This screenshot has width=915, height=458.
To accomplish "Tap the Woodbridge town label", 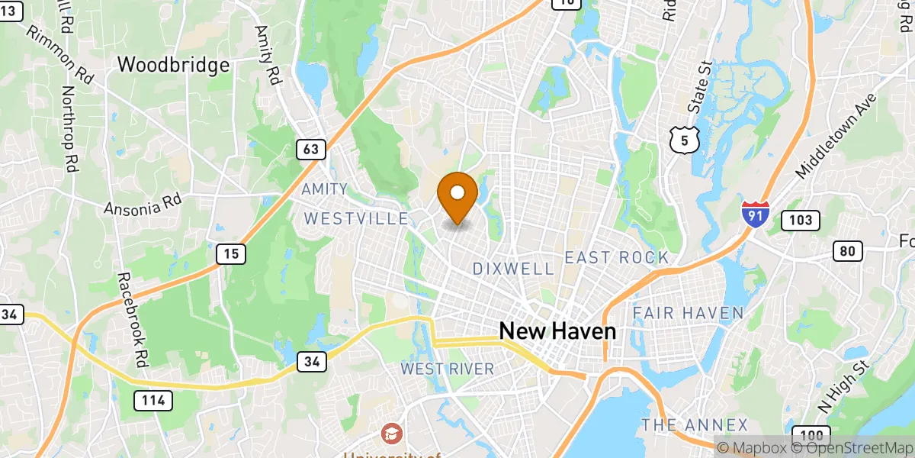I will pyautogui.click(x=173, y=65).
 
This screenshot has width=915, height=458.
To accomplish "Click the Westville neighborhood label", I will pyautogui.click(x=356, y=219).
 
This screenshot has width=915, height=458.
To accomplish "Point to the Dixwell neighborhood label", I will pyautogui.click(x=512, y=269).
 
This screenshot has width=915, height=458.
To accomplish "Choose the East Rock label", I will pyautogui.click(x=616, y=258).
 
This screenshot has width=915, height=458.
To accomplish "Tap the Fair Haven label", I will pyautogui.click(x=688, y=313).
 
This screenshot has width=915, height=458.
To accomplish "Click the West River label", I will pyautogui.click(x=448, y=369).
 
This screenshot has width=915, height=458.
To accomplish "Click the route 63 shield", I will pyautogui.click(x=311, y=150).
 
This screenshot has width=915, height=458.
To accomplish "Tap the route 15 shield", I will pyautogui.click(x=230, y=254).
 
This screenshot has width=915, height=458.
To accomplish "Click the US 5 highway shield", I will pyautogui.click(x=684, y=140).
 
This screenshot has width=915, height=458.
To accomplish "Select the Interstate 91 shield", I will pyautogui.click(x=754, y=213).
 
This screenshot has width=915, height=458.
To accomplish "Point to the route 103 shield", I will pyautogui.click(x=800, y=221).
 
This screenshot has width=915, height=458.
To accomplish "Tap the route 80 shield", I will pyautogui.click(x=847, y=250).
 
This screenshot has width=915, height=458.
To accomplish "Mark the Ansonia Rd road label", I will pyautogui.click(x=143, y=207).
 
